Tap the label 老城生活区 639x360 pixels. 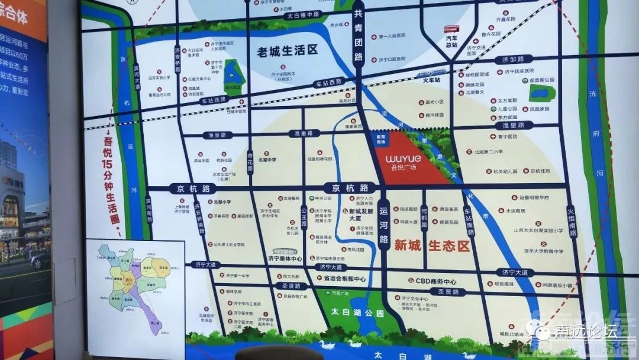(288, 50)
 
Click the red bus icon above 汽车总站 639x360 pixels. (453, 28)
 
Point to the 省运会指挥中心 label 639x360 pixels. (341, 279)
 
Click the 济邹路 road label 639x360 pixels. (512, 60)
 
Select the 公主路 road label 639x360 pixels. (304, 216)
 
